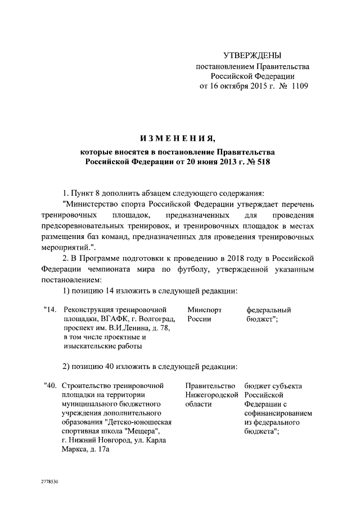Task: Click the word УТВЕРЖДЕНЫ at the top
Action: click(252, 55)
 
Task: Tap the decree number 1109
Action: click(297, 86)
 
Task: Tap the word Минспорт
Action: click(204, 310)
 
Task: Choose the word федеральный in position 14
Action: click(268, 310)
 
